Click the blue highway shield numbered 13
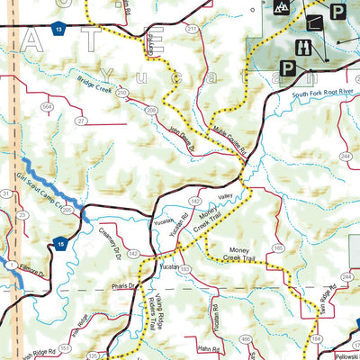coord(58,31)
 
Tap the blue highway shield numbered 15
coord(58,243)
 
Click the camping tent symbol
coord(282,8)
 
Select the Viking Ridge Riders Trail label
coord(158,310)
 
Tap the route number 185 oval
coord(277,247)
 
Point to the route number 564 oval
coord(48,106)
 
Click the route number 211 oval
coord(192,30)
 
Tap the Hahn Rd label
coord(186,348)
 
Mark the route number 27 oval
coord(82,121)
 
